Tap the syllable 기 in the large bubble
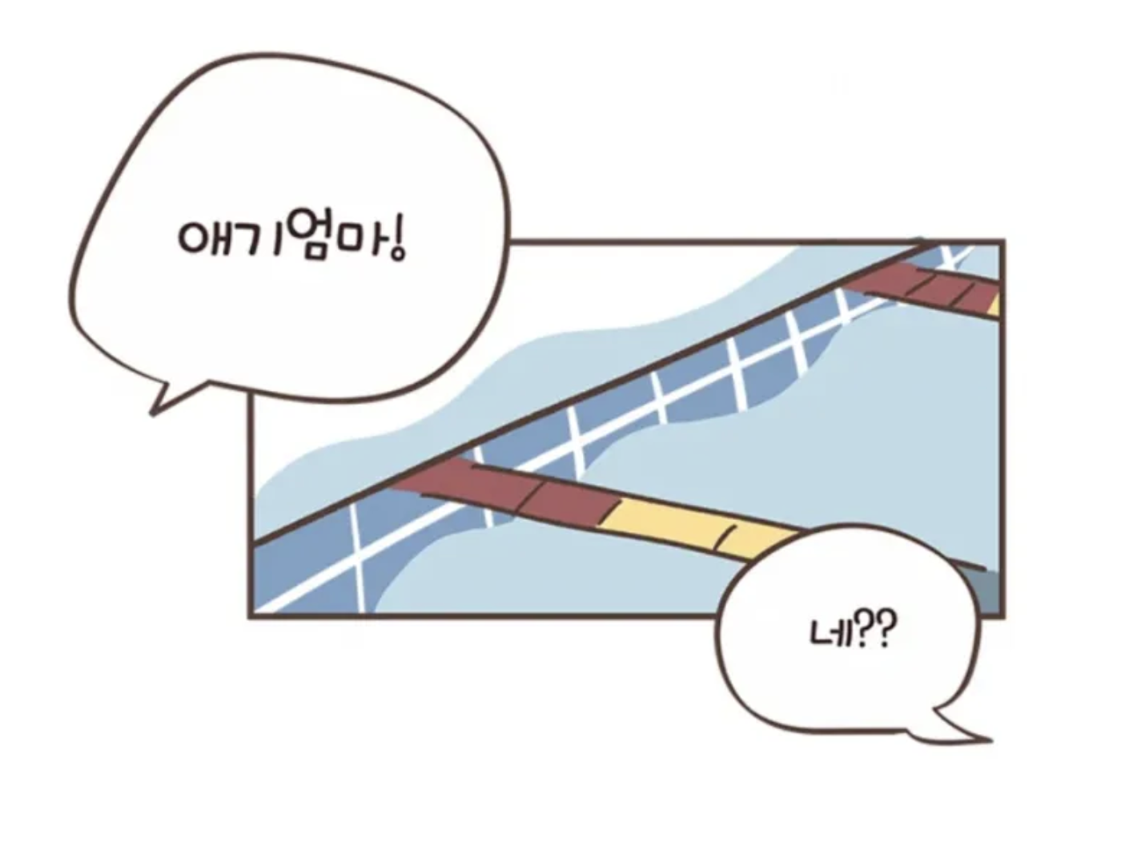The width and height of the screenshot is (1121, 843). pyautogui.click(x=254, y=239)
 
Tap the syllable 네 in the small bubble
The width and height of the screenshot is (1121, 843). pyautogui.click(x=827, y=633)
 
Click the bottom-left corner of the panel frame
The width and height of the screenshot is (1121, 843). pyautogui.click(x=251, y=615)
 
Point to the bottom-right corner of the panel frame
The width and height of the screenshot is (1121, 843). pyautogui.click(x=1002, y=615)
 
